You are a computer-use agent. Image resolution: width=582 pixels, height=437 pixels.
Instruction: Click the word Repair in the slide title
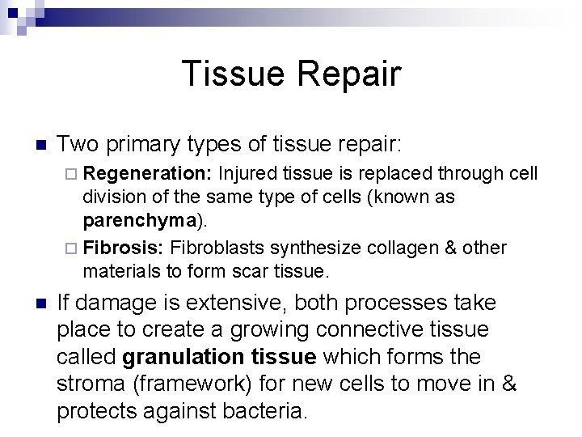[x=349, y=74]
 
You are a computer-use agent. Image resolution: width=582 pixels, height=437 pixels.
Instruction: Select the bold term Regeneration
[x=148, y=173]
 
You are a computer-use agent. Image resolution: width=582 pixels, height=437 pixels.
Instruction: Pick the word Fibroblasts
[x=217, y=247]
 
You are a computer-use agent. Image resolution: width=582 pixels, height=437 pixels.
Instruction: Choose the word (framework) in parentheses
[x=200, y=384]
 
